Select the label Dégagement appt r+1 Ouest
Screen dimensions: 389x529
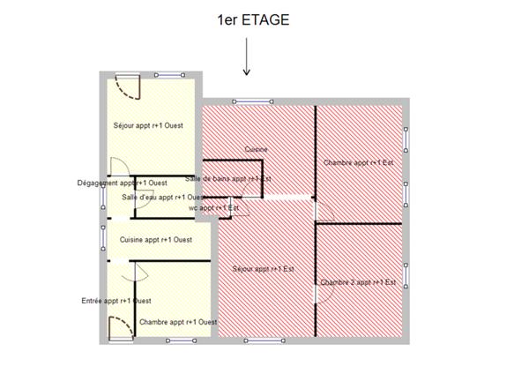pos(123,183)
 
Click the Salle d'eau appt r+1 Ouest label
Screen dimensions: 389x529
pos(162,197)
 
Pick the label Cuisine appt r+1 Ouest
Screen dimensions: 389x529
pos(156,239)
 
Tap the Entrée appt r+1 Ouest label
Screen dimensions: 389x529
pos(115,300)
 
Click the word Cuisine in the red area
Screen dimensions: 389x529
pos(257,149)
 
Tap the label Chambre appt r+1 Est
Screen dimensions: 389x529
pos(357,163)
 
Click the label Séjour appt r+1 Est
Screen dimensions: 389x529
pos(263,268)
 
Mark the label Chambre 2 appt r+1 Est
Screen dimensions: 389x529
pos(357,281)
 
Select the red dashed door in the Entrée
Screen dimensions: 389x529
pos(115,330)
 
